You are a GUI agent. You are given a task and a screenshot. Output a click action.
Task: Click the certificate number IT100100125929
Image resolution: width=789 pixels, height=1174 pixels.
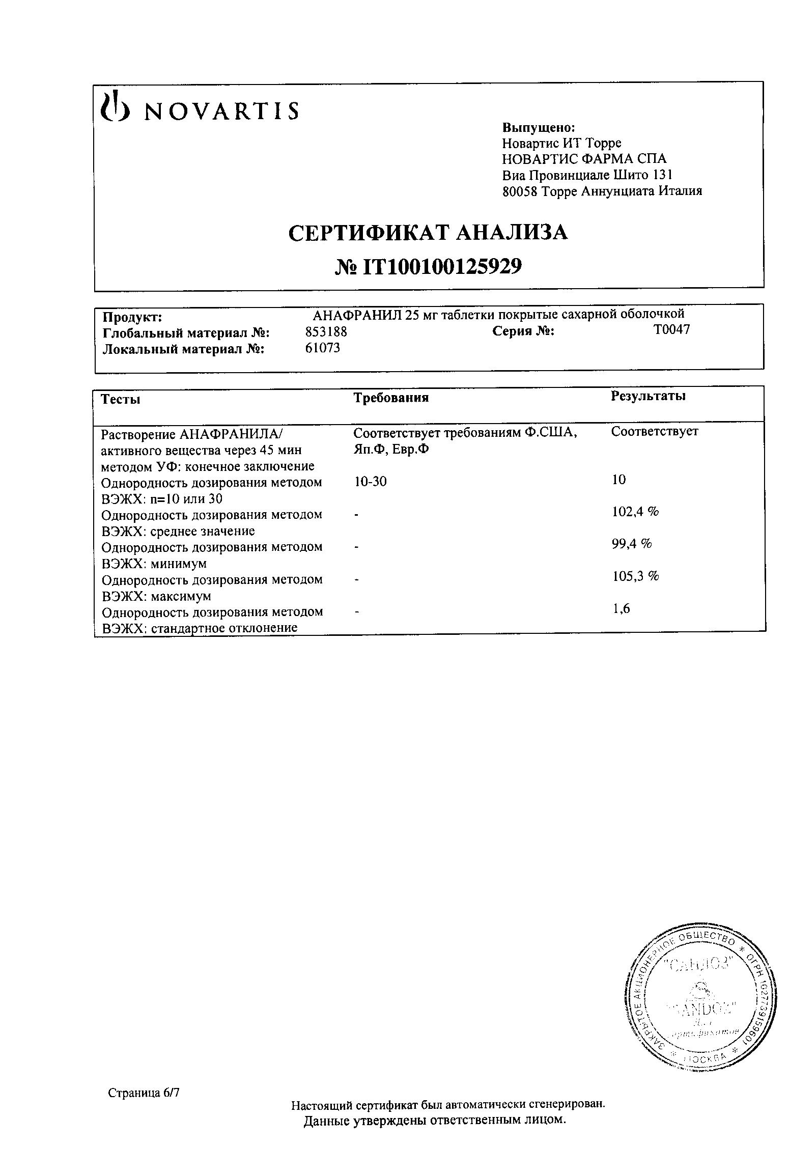point(428,266)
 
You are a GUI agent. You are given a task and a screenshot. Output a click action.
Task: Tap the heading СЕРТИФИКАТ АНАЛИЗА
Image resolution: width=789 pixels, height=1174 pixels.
point(428,233)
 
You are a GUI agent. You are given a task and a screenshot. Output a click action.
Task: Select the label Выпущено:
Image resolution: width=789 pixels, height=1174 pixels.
point(539,127)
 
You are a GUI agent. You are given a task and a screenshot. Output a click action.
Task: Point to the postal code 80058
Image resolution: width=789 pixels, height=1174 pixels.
point(520,191)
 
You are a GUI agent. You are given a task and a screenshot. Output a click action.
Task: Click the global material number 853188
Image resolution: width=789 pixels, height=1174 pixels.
point(326,332)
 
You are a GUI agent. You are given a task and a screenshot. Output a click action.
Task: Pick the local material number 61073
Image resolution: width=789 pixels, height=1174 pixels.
point(323,348)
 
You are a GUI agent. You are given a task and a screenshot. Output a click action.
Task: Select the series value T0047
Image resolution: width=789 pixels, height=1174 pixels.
point(671,330)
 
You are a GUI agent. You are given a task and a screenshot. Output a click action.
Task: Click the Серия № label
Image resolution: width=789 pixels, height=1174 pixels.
point(523,331)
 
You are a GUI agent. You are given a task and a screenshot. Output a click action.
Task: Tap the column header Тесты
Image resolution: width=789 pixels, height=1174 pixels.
point(121,399)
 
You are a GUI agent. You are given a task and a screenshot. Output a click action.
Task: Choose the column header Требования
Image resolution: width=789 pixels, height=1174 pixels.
point(391,398)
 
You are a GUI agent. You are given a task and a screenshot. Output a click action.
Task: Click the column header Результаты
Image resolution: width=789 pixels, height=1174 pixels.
point(648,396)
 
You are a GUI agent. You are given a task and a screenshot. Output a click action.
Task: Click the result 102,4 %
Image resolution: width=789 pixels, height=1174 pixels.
point(635,512)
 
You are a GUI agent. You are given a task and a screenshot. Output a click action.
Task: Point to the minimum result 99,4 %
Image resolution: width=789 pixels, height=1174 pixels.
point(632,544)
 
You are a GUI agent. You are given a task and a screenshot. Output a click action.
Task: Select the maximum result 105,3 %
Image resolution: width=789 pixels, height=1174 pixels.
point(635,576)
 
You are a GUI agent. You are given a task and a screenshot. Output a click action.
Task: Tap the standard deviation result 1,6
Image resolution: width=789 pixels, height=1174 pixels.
point(621,608)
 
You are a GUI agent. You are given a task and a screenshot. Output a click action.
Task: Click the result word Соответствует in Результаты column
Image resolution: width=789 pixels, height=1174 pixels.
point(655,432)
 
